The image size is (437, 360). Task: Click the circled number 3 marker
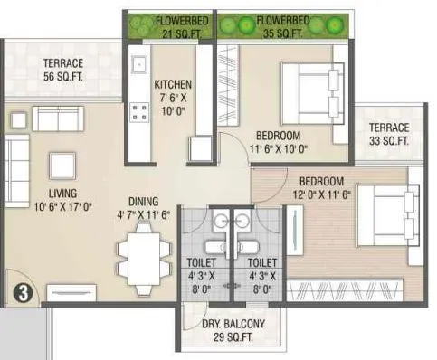point(22,292)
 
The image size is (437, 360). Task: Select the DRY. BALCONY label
point(231,329)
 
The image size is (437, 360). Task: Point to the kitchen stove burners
point(140,112)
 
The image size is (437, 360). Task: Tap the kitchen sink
point(139,66)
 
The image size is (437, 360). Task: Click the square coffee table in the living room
point(62,165)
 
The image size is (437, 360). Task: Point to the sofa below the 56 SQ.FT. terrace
point(59,118)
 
